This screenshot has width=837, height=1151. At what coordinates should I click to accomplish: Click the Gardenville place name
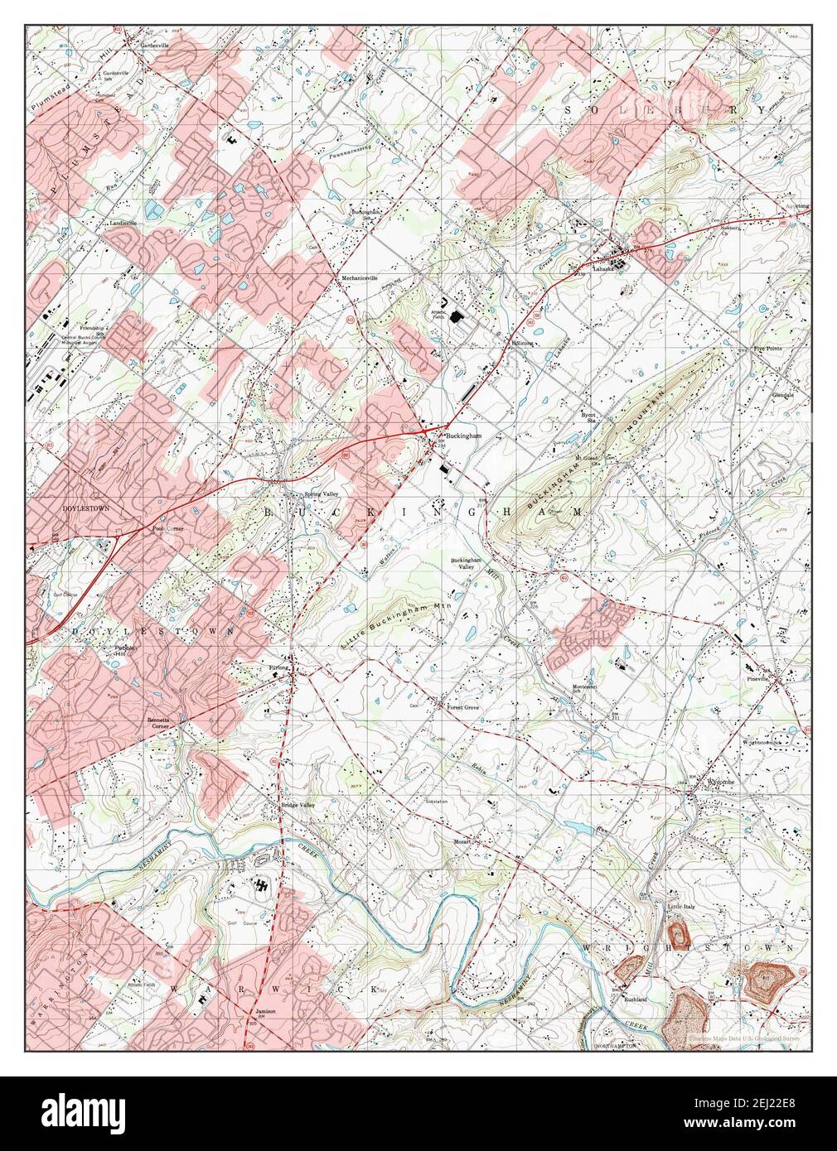click(x=153, y=45)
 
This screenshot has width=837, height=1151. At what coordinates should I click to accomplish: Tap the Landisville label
click(x=121, y=224)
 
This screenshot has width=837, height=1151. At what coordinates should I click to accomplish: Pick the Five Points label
click(x=769, y=349)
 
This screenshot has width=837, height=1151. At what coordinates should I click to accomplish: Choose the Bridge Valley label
click(x=298, y=806)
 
